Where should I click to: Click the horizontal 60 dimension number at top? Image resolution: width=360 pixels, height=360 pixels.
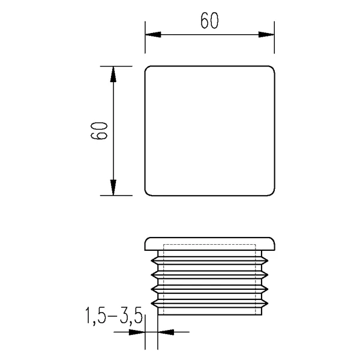[x=209, y=20]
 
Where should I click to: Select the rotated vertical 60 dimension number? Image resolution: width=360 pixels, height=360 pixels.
[x=99, y=131]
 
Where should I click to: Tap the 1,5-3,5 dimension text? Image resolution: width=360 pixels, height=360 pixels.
[x=114, y=316]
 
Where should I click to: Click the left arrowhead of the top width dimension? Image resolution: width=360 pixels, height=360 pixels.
[x=153, y=35]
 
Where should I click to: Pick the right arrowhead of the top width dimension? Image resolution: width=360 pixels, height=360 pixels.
[x=266, y=35]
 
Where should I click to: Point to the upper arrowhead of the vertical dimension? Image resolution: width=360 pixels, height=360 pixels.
[x=113, y=74]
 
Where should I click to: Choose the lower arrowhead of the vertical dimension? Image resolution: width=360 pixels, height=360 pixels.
[x=113, y=187]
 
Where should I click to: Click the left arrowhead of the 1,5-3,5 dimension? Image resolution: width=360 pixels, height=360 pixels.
[x=137, y=332]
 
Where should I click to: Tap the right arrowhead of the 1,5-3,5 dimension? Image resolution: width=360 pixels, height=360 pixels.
[x=166, y=332]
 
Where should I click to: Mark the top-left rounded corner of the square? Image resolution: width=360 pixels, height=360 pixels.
[x=147, y=68]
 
